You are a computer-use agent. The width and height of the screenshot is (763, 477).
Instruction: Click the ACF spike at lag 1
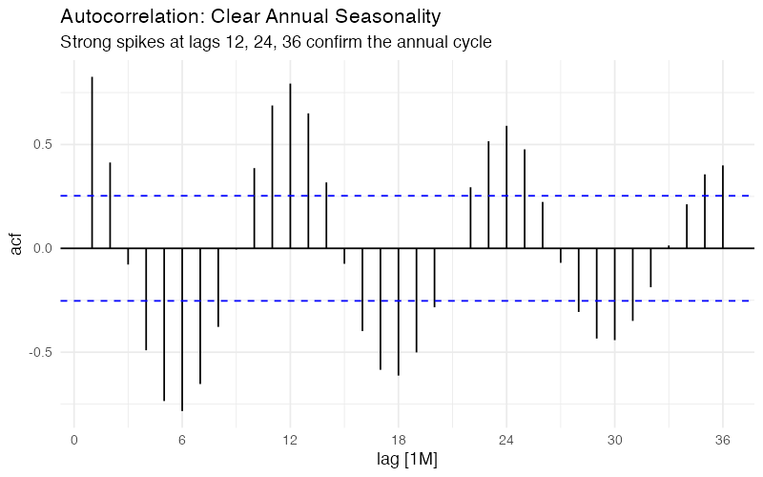coord(92,162)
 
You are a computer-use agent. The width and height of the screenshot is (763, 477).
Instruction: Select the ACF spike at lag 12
coord(290,166)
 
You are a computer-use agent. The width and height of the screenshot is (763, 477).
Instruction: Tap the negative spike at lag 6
coord(182,329)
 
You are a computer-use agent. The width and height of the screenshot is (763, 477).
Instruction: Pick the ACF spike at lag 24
coord(506,187)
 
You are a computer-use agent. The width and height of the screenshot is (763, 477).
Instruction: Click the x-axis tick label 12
coord(290,440)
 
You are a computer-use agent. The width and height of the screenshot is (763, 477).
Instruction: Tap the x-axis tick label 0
coord(73,440)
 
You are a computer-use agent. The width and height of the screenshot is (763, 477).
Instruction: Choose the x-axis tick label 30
coord(614,440)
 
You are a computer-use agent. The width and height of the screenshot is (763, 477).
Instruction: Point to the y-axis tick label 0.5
coord(43,145)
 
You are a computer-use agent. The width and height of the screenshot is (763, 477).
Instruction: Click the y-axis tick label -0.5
coord(41,352)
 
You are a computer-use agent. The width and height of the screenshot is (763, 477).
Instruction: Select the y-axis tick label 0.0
coord(43,248)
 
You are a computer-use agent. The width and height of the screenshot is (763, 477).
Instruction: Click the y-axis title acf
coord(14,248)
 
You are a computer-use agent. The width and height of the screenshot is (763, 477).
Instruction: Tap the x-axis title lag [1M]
coord(398,460)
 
